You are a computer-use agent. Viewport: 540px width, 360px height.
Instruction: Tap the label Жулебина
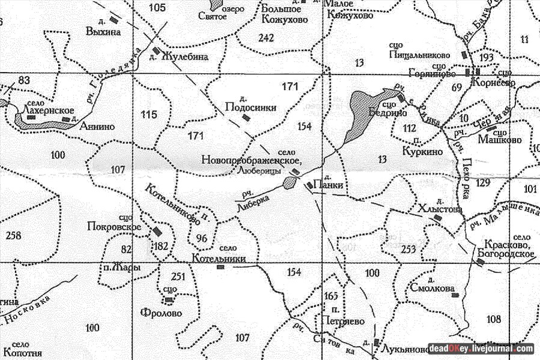(x=185, y=58)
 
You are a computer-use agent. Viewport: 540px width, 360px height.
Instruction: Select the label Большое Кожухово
(x=284, y=13)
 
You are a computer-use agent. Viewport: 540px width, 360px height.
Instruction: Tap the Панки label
(x=332, y=185)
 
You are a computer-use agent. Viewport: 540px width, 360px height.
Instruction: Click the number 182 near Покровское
(x=161, y=247)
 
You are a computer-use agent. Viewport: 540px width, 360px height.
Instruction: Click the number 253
(x=409, y=249)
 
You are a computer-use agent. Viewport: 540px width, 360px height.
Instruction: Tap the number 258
(x=13, y=235)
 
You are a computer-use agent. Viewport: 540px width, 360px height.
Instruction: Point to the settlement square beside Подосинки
(x=245, y=117)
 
